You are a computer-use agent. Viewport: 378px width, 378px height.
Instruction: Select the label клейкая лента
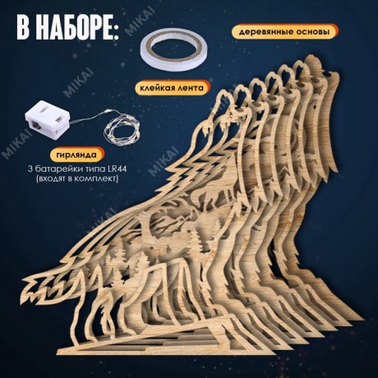click(172, 88)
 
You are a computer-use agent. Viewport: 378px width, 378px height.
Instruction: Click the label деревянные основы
click(284, 32)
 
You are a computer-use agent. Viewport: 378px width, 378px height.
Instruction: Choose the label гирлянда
click(76, 155)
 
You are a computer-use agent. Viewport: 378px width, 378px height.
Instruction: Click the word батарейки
click(61, 169)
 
